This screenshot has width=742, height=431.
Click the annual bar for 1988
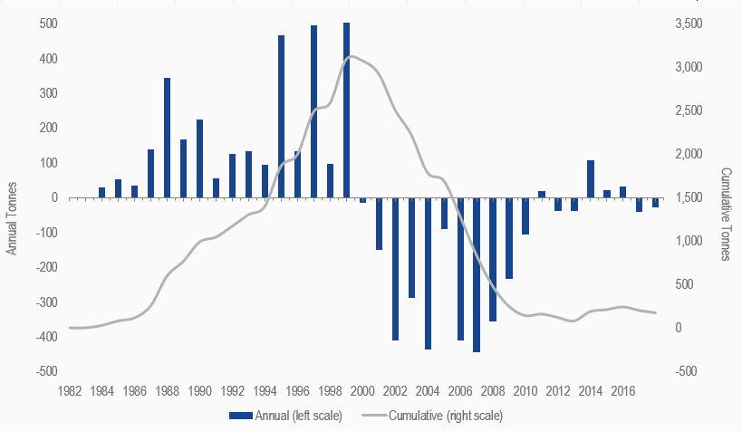pyautogui.click(x=168, y=138)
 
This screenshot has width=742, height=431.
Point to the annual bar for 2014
pyautogui.click(x=591, y=178)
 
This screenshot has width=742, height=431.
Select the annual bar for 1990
pyautogui.click(x=200, y=158)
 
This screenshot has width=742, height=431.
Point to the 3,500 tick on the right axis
pyautogui.click(x=689, y=24)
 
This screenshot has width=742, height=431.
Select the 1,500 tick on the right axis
pyautogui.click(x=689, y=197)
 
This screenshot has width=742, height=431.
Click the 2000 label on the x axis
pyautogui.click(x=362, y=392)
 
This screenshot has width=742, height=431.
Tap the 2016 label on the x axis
pyautogui.click(x=623, y=392)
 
